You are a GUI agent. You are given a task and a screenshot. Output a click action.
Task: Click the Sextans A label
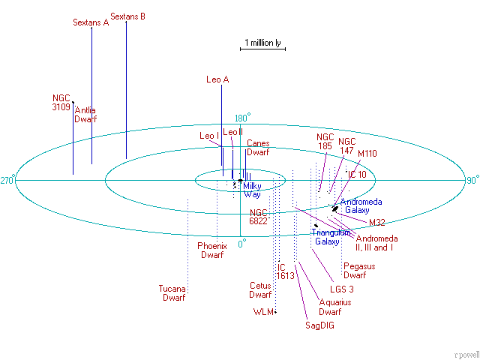tap(91, 22)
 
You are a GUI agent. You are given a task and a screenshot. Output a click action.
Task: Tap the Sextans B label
tap(127, 16)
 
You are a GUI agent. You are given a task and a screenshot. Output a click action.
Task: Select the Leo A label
tap(217, 79)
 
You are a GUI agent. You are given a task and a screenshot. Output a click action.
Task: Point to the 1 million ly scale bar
tap(262, 49)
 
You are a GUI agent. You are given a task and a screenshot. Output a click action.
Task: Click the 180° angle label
tap(242, 118)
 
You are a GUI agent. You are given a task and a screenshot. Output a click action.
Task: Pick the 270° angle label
tap(7, 181)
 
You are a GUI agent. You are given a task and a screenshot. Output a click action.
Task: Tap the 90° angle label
tap(473, 180)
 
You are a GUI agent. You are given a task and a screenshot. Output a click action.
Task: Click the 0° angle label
tap(242, 244)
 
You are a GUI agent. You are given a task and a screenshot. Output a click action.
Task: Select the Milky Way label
tap(252, 190)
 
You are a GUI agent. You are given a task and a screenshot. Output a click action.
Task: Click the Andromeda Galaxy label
tap(361, 206)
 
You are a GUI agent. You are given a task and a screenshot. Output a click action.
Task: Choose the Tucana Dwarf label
tap(172, 293)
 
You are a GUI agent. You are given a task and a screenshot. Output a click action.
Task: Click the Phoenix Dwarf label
tap(212, 250)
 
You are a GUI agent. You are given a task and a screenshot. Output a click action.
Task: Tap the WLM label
tap(263, 312)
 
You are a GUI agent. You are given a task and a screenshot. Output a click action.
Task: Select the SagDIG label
tap(319, 325)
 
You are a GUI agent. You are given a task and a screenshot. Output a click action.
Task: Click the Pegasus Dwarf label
tap(359, 271)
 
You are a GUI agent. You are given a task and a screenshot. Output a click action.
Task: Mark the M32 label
tap(376, 223)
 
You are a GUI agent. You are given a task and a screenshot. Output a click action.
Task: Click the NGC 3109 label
tap(61, 103)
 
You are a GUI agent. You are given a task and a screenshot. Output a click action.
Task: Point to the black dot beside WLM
tap(275, 312)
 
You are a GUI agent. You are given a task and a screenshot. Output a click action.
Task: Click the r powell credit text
tap(467, 355)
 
